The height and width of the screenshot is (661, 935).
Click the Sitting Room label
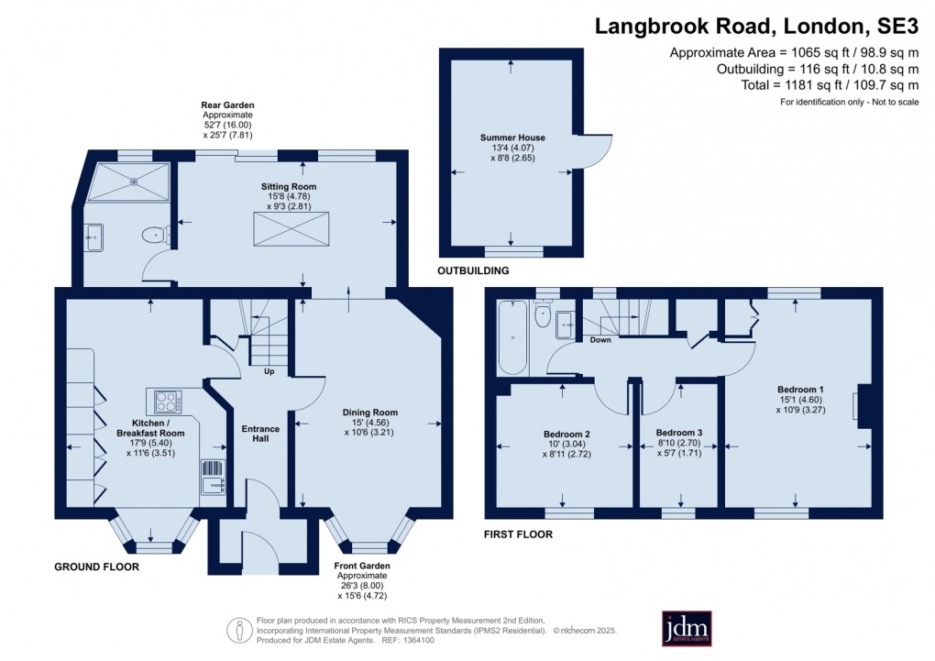point(289,186)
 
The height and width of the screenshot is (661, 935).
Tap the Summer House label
point(512,138)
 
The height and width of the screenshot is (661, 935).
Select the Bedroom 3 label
point(679,433)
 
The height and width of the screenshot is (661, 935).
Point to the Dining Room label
point(369,413)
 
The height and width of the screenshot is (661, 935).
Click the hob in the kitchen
point(168,402)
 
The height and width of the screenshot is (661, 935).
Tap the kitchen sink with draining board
point(214,477)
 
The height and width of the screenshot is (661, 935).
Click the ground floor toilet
point(156,235)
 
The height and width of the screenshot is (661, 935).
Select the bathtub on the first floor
point(512,337)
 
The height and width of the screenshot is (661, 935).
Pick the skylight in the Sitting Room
point(291,229)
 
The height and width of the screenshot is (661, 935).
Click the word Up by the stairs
point(269,371)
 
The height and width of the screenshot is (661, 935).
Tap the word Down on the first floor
point(600,340)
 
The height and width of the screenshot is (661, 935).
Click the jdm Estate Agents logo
point(687,628)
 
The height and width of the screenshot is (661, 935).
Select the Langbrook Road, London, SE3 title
point(756,27)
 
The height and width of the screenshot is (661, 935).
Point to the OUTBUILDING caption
point(474,270)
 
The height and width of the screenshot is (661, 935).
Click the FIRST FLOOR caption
point(518,534)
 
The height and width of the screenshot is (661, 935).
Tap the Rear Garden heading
point(227,105)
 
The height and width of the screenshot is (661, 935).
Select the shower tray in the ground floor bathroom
point(129,182)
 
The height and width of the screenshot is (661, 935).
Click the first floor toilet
point(543,314)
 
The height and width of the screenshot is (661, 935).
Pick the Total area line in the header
point(830,85)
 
